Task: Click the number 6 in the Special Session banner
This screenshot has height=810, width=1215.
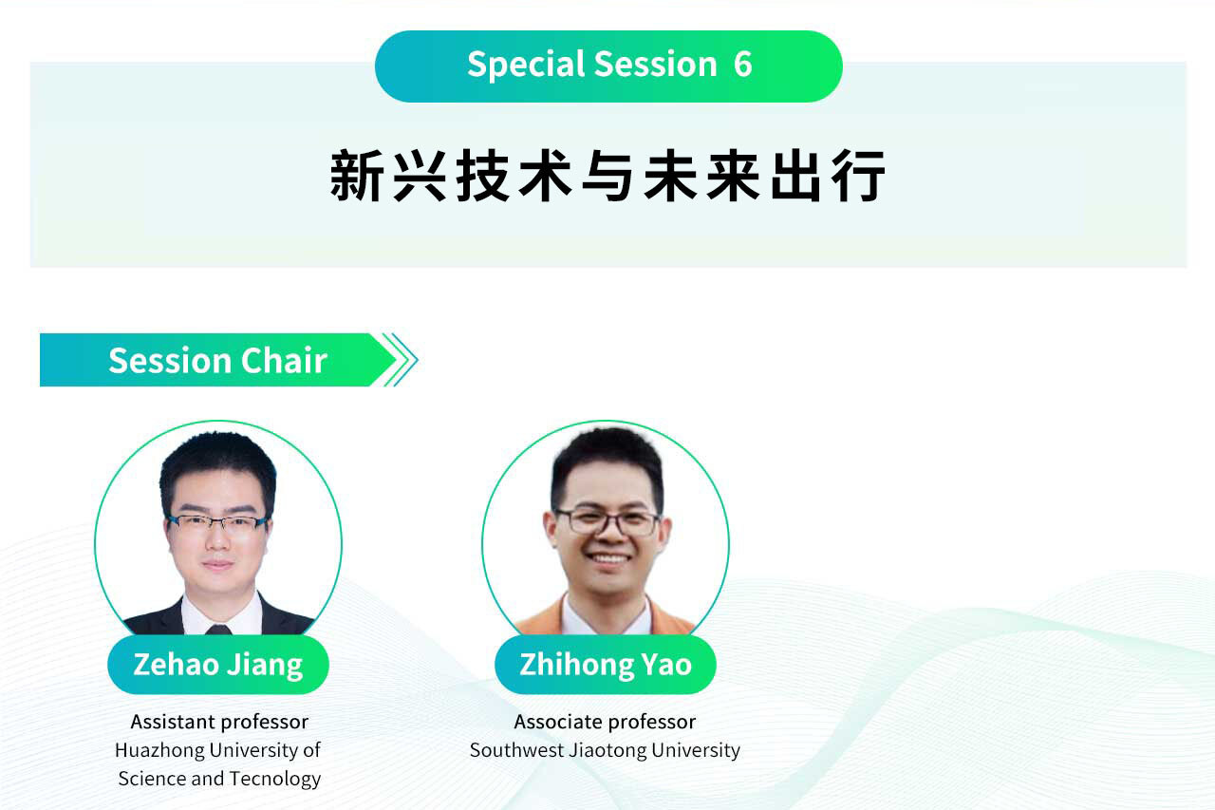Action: point(742,64)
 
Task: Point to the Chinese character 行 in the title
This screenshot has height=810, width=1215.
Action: point(859,176)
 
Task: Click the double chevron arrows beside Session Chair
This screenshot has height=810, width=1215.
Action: point(400,360)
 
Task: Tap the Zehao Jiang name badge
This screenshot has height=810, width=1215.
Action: point(218,665)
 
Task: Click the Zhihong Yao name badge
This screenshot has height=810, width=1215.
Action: point(606,665)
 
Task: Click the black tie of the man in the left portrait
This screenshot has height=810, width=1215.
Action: point(218,630)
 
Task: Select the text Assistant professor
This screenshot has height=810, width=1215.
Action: point(219,722)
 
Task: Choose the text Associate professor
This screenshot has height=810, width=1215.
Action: point(605,722)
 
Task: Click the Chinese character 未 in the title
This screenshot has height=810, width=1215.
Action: point(670,176)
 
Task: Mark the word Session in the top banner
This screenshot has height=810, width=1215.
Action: point(655,64)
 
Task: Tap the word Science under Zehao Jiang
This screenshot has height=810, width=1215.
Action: point(152,779)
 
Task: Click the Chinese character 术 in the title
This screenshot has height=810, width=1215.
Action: point(545,176)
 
